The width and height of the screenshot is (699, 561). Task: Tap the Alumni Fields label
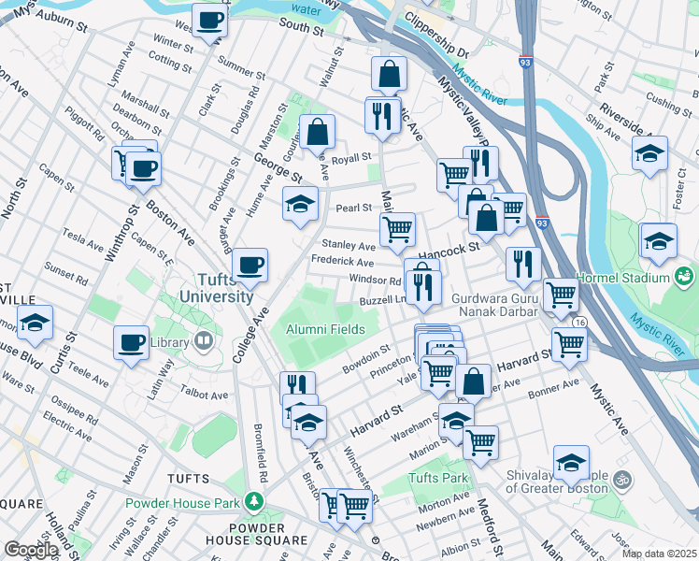coord(324,328)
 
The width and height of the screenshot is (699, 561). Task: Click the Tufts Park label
coord(436,479)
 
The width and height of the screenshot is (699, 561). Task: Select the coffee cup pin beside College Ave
coord(250,265)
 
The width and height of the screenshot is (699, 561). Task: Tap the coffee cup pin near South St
coord(209,19)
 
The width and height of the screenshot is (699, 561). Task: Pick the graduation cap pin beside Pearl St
coord(300,203)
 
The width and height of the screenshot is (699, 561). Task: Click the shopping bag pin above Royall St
coord(318,132)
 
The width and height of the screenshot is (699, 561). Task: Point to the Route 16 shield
coord(580,322)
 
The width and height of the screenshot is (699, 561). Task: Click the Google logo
coord(31,550)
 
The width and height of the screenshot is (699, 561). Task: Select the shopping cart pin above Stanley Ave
coord(397,227)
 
